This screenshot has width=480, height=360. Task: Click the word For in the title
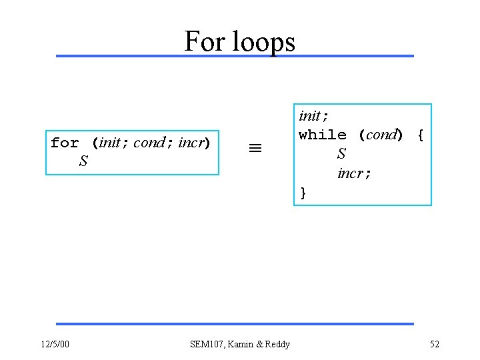[204, 41]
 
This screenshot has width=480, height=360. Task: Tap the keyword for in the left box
[65, 143]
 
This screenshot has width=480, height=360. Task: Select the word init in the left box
[109, 143]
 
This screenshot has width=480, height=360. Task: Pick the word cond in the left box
[148, 143]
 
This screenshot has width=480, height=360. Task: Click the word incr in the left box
[191, 143]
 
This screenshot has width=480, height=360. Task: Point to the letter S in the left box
[83, 161]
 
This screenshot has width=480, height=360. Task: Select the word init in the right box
[309, 115]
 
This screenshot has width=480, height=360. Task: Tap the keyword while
[323, 135]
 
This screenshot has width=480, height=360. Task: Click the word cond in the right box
[382, 135]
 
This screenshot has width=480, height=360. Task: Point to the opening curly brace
[420, 135]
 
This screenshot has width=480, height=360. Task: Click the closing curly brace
[303, 193]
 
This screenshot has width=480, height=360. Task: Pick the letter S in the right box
[341, 154]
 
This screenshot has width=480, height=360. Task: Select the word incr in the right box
[351, 173]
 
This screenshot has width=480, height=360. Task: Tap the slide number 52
[435, 344]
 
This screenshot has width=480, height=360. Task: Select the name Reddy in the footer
[277, 344]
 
